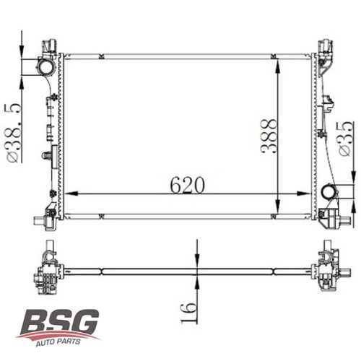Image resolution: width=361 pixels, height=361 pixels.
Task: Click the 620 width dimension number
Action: coord(187,186)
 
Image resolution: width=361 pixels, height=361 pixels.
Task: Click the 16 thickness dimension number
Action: coord(187,310)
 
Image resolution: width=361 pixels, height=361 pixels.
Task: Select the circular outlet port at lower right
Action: coord(330,193)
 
